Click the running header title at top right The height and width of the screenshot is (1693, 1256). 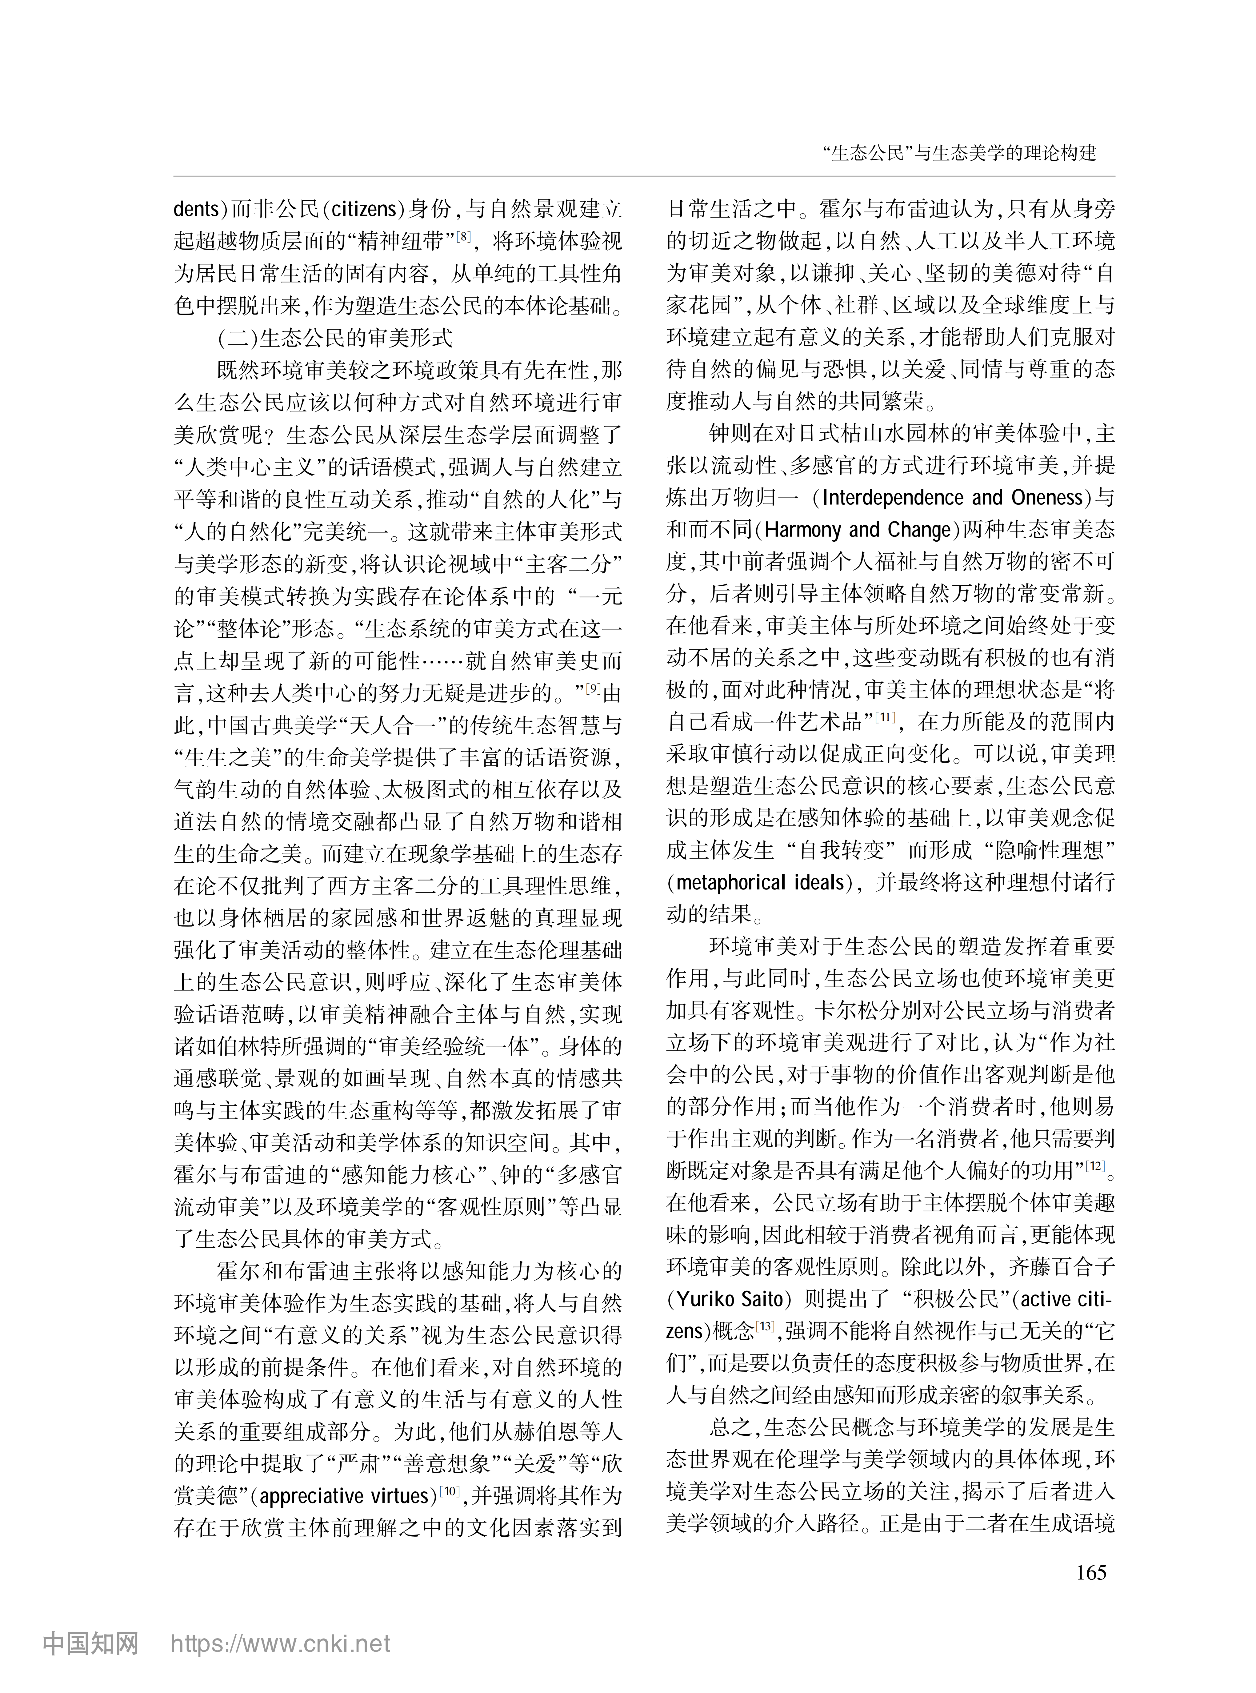pos(959,153)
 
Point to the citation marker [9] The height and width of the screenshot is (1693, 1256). pos(592,688)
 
